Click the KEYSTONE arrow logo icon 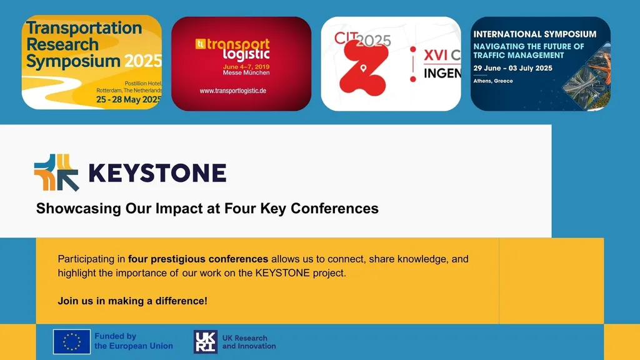coord(56,172)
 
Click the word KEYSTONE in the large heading coord(157,172)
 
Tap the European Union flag coord(72,341)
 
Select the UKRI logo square coord(206,341)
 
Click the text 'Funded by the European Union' coord(133,341)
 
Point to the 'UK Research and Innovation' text coord(249,342)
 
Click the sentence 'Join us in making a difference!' coord(132,301)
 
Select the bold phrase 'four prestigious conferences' coord(198,259)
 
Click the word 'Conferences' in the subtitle coord(335,208)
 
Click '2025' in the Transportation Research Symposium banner coord(142,61)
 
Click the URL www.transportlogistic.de coord(233,91)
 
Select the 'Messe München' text coord(246,72)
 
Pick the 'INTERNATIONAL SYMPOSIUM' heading coord(534,34)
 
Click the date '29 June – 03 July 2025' coord(512,68)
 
